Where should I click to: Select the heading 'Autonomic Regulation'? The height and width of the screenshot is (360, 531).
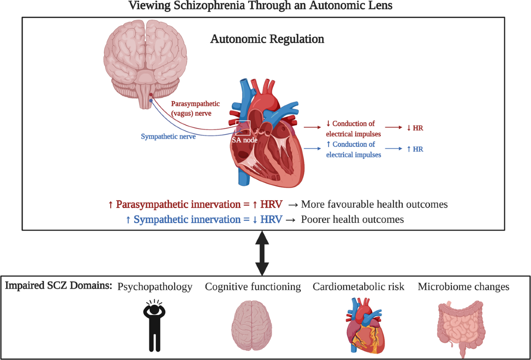click(267, 39)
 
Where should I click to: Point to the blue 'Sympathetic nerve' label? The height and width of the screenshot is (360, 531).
click(168, 136)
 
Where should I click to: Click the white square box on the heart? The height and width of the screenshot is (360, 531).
click(243, 128)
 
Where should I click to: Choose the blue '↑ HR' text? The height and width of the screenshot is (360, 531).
click(415, 149)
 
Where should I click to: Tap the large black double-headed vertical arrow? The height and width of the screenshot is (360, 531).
click(262, 253)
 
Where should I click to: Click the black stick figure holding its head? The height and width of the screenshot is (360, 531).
click(154, 325)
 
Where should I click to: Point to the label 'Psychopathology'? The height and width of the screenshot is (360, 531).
click(155, 287)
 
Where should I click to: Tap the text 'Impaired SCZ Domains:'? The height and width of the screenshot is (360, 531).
click(58, 286)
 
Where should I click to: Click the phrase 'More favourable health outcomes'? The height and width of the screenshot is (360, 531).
click(374, 205)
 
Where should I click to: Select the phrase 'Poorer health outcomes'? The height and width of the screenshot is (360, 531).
click(352, 219)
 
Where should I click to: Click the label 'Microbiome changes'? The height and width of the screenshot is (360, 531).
click(463, 287)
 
